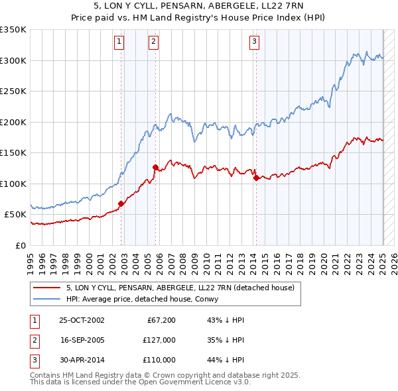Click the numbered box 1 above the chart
pyautogui.click(x=119, y=42)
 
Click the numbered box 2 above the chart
pyautogui.click(x=153, y=42)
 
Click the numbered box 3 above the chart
pyautogui.click(x=254, y=42)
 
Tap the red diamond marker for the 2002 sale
pyautogui.click(x=121, y=203)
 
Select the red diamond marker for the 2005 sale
pyautogui.click(x=155, y=168)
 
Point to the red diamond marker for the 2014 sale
pyautogui.click(x=256, y=178)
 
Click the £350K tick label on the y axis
pyautogui.click(x=13, y=30)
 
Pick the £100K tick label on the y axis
pyautogui.click(x=13, y=184)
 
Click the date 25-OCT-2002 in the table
pyautogui.click(x=82, y=320)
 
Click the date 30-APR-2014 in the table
pyautogui.click(x=82, y=360)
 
